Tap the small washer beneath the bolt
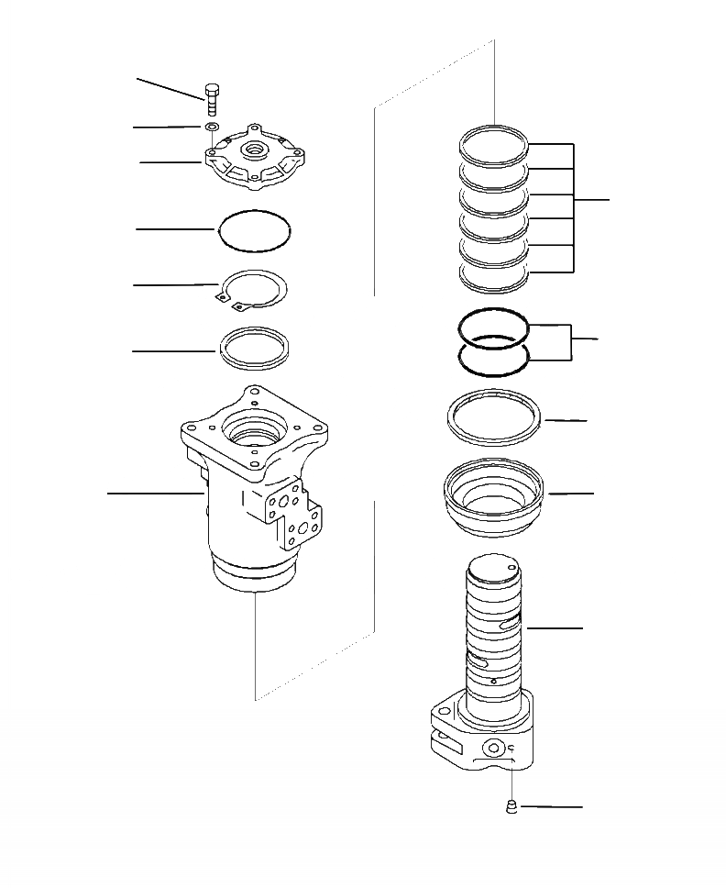[212, 126]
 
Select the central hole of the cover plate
[250, 147]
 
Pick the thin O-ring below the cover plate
[255, 228]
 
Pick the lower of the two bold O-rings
[493, 356]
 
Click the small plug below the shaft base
[512, 806]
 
